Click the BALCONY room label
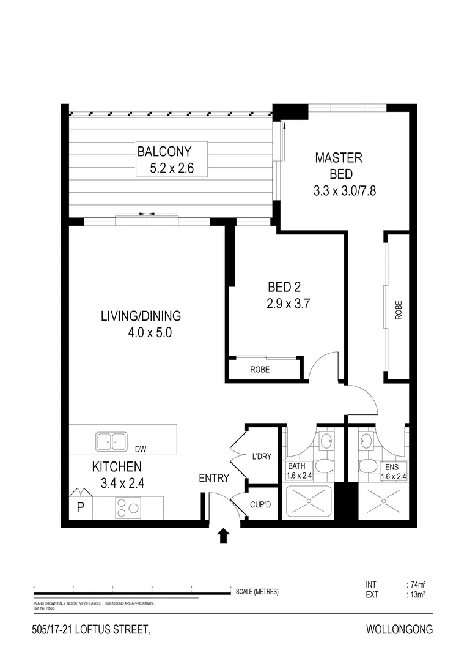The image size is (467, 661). pyautogui.click(x=164, y=151)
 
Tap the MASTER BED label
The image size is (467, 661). pyautogui.click(x=338, y=165)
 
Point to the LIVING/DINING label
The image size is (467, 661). pyautogui.click(x=141, y=316)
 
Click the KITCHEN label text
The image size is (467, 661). pyautogui.click(x=117, y=467)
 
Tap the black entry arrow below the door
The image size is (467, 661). pyautogui.click(x=223, y=536)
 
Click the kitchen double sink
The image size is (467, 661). pyautogui.click(x=111, y=441)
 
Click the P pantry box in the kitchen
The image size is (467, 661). pyautogui.click(x=80, y=508)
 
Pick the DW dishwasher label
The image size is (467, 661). pyautogui.click(x=141, y=449)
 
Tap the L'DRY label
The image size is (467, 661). pyautogui.click(x=261, y=456)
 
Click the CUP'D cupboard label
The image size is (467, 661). pyautogui.click(x=261, y=506)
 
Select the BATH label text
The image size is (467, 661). pyautogui.click(x=296, y=466)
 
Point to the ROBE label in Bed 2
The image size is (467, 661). pyautogui.click(x=260, y=370)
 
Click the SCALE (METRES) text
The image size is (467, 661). pyautogui.click(x=257, y=591)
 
